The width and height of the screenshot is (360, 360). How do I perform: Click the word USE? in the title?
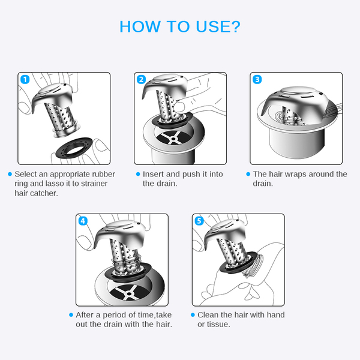[218, 26]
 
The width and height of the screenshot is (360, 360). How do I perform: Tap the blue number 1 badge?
[25, 79]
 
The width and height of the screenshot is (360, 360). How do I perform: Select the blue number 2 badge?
[141, 79]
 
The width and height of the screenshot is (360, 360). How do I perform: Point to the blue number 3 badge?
[257, 79]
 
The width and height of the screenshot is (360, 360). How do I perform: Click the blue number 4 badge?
[83, 221]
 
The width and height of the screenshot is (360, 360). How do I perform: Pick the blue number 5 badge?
[199, 221]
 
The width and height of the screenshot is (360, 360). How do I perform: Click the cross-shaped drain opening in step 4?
[129, 293]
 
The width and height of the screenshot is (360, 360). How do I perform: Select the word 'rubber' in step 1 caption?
[103, 174]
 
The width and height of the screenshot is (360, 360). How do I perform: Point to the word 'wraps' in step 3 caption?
[295, 174]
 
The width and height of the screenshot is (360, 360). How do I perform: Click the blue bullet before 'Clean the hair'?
[193, 315]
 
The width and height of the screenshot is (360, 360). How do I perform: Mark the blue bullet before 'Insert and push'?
[138, 174]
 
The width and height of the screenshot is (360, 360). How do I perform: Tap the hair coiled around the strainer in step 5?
[256, 265]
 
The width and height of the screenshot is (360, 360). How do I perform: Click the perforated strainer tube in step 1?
[61, 117]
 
